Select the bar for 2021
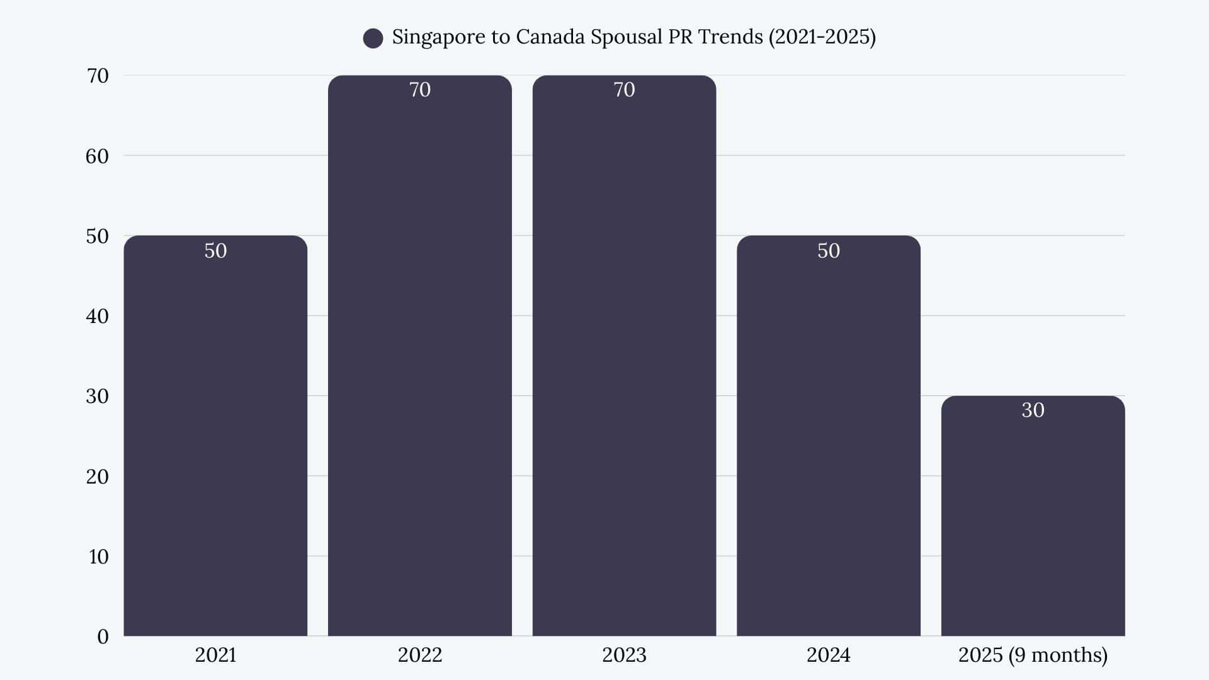215,441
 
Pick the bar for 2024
828,441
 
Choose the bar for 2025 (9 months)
1033,523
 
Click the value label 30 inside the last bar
1033,410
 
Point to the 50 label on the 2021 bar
215,251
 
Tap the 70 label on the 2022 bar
419,89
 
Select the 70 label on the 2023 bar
624,89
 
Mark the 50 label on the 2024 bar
828,251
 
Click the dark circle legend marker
373,38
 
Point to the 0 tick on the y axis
103,637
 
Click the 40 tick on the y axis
97,316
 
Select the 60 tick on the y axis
97,156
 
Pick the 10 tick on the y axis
98,557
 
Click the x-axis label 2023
624,655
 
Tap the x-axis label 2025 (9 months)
1033,655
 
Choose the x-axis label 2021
215,655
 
